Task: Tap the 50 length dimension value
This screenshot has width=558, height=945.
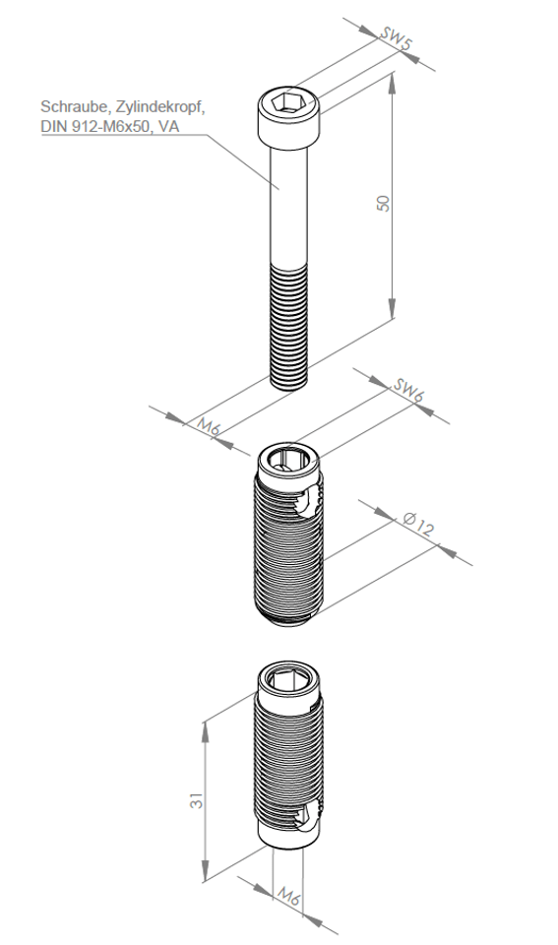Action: [383, 203]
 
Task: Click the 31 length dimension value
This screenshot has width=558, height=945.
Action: [197, 801]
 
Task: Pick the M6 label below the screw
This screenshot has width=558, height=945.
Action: [210, 427]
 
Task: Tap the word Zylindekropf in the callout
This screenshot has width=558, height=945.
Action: [160, 107]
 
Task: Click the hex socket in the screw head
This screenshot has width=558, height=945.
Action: [287, 103]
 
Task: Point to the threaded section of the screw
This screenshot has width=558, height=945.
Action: [289, 326]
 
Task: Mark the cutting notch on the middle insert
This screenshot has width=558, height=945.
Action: [310, 500]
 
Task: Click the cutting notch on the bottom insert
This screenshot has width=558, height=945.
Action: [310, 818]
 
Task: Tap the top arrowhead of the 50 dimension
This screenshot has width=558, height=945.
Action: [393, 83]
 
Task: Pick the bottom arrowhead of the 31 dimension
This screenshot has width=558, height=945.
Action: [205, 871]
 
